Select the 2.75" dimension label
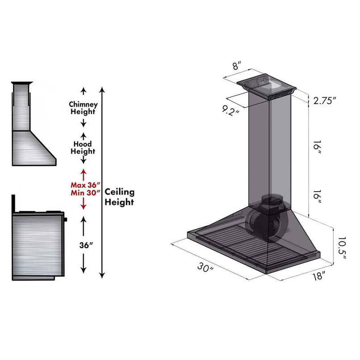(x=324, y=101)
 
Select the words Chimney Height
(x=83, y=108)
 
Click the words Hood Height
(x=83, y=148)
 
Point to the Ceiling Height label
(x=119, y=197)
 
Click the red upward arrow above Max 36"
(x=83, y=173)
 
